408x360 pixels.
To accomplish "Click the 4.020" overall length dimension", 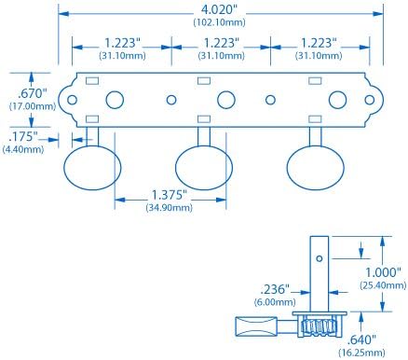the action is (x=219, y=9).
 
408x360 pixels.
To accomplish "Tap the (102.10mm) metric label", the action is (x=219, y=22).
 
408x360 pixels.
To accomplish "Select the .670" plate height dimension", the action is (x=32, y=93).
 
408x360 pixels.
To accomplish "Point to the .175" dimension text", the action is (x=23, y=136).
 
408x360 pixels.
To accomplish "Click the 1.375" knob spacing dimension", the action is (x=170, y=195).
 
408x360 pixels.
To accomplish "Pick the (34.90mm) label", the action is (x=170, y=207).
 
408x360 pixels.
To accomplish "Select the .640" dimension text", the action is (x=361, y=339).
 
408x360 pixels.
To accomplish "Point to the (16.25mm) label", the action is (x=361, y=353).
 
